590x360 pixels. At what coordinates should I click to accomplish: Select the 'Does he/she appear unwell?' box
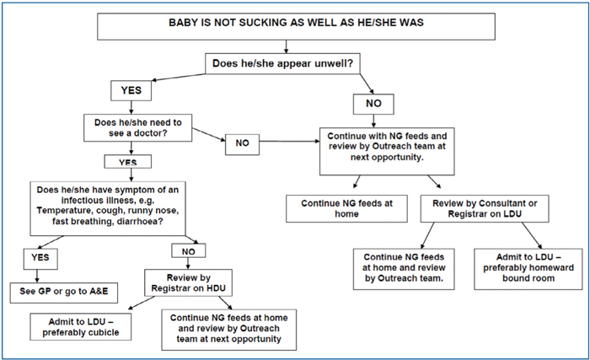point(282,63)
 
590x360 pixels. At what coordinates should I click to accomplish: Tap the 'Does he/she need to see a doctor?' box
point(137,128)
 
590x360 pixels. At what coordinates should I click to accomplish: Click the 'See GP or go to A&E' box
point(63,293)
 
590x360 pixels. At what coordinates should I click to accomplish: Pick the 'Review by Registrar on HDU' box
point(188,282)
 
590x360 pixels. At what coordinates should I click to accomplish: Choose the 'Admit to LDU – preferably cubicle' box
point(81,327)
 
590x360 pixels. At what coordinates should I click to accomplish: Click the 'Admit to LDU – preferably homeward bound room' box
point(528,269)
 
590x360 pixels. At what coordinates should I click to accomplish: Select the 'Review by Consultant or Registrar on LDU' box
point(485,208)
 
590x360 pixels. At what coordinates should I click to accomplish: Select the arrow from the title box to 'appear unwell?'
point(286,46)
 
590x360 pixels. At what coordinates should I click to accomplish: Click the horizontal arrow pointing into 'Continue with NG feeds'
point(289,142)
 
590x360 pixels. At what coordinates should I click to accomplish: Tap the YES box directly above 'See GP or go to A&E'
point(40,259)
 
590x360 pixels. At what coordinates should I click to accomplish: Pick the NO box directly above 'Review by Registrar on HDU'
point(189,250)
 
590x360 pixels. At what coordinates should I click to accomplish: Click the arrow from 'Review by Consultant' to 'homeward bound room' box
point(532,235)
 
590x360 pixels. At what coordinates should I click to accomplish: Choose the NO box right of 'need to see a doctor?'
point(243,144)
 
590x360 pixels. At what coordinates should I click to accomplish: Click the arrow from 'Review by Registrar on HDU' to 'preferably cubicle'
point(141,304)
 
